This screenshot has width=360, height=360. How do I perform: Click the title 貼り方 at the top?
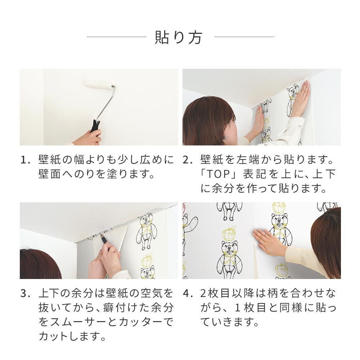(179, 37)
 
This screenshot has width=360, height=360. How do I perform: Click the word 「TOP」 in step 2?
(219, 174)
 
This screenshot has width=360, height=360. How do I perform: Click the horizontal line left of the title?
(116, 37)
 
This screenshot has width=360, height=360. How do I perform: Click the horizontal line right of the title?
(244, 37)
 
